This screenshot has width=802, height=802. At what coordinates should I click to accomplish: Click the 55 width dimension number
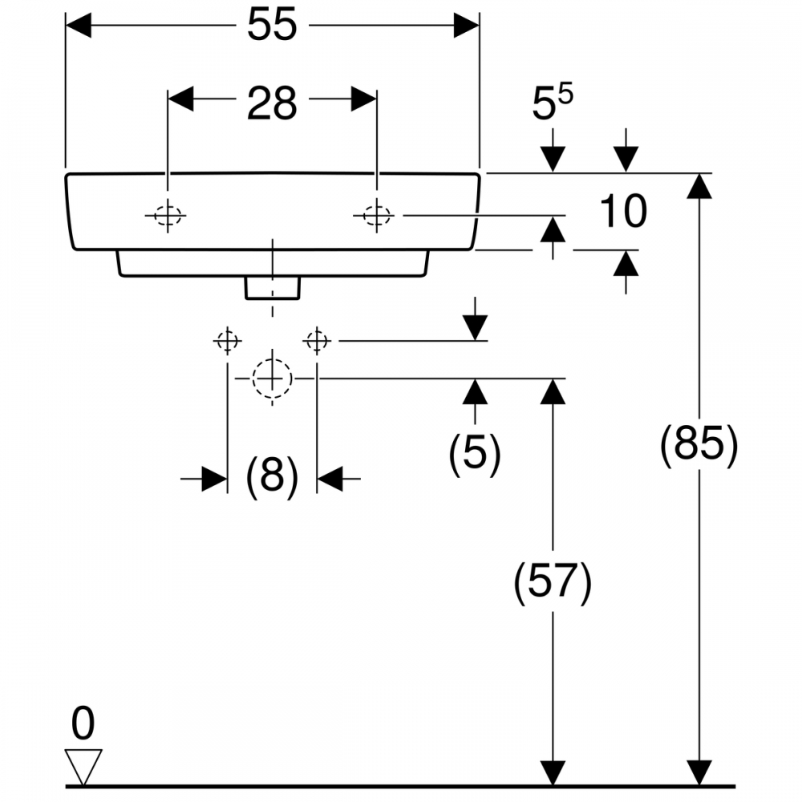[x=272, y=25]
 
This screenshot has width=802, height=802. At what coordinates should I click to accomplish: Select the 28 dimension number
[x=272, y=103]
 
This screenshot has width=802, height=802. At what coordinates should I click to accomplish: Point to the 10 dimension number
[x=623, y=211]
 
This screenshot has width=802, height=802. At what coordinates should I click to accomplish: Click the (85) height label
[x=699, y=444]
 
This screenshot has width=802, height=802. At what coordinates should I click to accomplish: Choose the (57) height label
[x=553, y=582]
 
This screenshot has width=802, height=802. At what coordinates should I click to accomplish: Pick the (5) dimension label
[x=475, y=452]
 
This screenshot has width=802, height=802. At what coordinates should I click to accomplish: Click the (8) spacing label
[x=272, y=476]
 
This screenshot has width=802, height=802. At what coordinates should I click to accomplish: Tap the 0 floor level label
[x=83, y=723]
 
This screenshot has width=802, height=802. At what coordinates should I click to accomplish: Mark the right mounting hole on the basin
[x=376, y=215]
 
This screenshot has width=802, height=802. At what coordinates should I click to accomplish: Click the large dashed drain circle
[x=272, y=379]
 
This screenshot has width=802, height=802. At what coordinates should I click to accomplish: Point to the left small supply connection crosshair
[x=228, y=340]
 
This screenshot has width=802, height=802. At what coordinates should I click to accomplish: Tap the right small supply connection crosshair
[x=317, y=340]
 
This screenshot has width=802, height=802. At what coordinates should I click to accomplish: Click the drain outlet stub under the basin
[x=272, y=288]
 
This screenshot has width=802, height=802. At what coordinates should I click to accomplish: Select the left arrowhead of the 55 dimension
[x=79, y=25]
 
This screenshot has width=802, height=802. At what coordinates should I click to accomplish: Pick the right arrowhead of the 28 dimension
[x=363, y=99]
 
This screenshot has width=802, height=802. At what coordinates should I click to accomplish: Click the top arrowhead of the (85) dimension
[x=699, y=186]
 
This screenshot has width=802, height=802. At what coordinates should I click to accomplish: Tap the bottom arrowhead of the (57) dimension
[x=553, y=772]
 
